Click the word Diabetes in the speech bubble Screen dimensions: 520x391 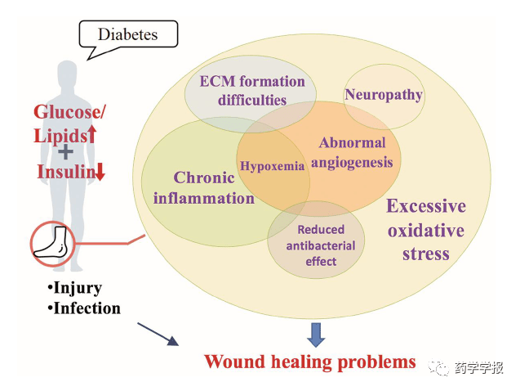pos(127,34)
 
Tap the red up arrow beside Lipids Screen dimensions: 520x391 pos(92,134)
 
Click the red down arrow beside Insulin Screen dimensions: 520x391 pos(100,172)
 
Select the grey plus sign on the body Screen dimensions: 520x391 pos(65,152)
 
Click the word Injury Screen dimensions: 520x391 pos(78,288)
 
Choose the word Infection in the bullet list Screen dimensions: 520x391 pos(87,308)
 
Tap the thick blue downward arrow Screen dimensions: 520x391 pos(316,335)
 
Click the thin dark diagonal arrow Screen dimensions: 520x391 pos(158,335)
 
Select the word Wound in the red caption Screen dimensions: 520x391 pos(235,362)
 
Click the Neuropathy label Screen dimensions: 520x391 pos(384,95)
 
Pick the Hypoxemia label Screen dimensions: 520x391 pos(273,165)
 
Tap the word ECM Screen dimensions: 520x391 pos(217,81)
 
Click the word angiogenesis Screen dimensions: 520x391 pos(352,163)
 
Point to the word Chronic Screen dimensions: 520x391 pos(204,178)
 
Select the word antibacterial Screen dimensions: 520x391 pos(321,246)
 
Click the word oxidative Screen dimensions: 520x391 pos(426,230)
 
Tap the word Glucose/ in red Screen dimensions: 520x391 pos(69,112)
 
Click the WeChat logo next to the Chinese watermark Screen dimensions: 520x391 pos(438,368)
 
